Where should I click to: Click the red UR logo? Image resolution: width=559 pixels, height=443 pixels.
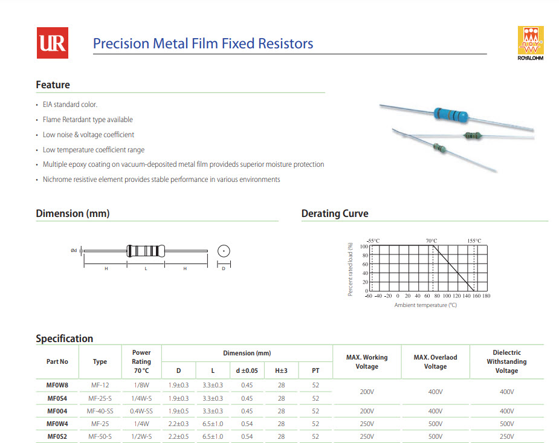(53, 43)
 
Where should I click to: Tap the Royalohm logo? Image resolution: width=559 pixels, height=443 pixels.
(531, 43)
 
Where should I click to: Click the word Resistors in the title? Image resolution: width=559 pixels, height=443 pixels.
(286, 44)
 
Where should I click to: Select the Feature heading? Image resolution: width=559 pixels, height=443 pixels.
(53, 85)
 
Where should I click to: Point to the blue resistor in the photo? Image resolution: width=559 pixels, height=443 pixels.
(451, 115)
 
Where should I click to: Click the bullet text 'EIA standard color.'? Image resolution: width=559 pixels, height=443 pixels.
(70, 105)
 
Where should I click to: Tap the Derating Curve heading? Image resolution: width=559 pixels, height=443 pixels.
(335, 213)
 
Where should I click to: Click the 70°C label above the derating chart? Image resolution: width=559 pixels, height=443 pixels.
(431, 241)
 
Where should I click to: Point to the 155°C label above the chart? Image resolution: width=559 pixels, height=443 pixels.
(474, 241)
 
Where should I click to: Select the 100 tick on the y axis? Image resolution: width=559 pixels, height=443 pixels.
(364, 247)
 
